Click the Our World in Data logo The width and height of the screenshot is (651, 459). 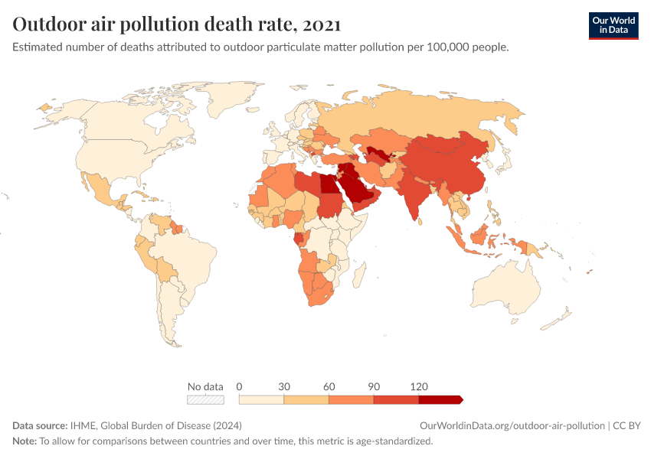click(613, 25)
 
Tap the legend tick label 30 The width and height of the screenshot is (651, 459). click(284, 386)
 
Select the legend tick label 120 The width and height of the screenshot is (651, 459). click(419, 386)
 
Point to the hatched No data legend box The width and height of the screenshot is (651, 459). click(205, 399)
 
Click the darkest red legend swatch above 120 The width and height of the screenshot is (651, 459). click(440, 399)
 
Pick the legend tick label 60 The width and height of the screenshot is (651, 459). click(329, 386)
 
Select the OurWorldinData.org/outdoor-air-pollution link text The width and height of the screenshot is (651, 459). click(512, 425)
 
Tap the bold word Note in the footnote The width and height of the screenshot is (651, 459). click(25, 441)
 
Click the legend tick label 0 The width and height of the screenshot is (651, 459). click(240, 386)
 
